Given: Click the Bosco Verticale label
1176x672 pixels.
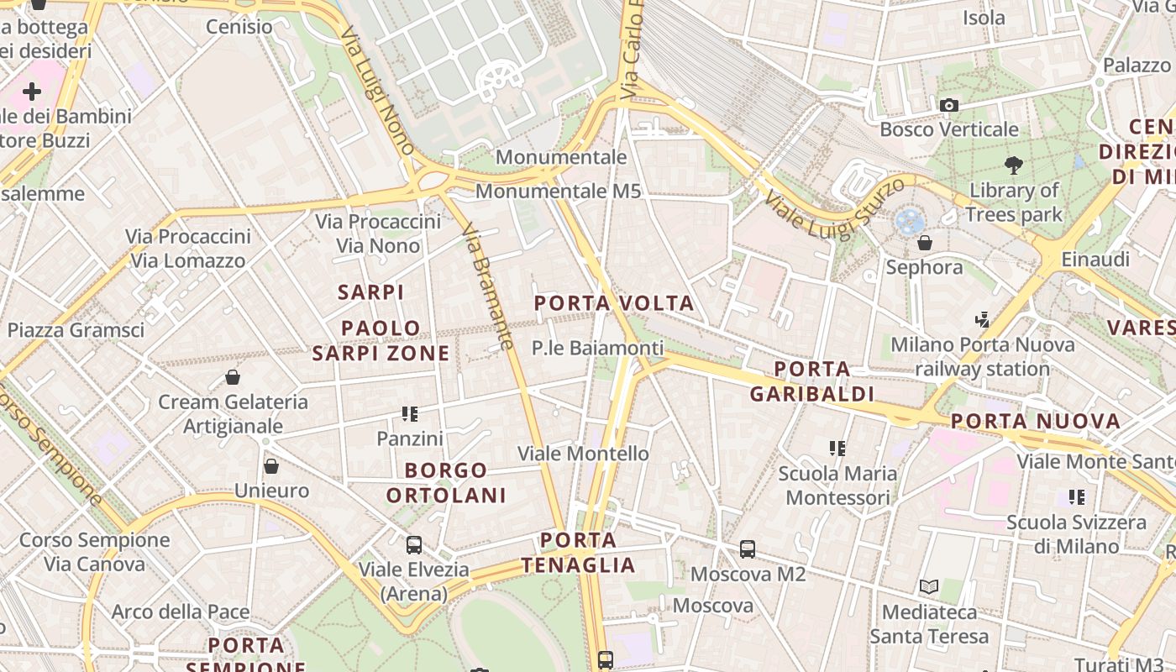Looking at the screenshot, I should pos(949,129).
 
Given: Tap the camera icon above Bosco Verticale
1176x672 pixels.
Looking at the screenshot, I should pos(949,105).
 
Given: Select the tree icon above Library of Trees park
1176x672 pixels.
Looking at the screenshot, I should pos(1013,165).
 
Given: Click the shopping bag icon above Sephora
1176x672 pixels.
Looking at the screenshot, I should pos(925,243).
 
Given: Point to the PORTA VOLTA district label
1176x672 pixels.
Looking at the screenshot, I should pos(614,302).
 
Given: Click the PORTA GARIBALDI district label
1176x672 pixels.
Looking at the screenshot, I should pos(812,381).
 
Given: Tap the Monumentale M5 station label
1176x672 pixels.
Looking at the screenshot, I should pos(558,192).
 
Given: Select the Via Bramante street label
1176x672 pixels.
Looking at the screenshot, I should pos(487,286).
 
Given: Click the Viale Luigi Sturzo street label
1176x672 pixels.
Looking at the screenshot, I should pos(835,207).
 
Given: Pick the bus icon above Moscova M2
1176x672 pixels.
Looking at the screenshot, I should pos(748,549).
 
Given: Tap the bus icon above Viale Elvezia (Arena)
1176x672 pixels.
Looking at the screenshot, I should pos(414,544).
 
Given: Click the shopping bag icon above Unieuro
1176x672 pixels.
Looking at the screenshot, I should pos(271,465).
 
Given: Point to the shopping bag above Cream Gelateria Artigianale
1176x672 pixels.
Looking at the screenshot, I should pos(233,377).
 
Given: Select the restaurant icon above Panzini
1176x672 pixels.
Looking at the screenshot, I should pos(410,413).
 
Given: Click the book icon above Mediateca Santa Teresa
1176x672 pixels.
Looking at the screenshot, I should pos(929,586).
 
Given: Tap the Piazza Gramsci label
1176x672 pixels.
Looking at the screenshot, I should pos(76,329).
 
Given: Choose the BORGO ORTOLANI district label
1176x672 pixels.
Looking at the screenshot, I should pos(446,482).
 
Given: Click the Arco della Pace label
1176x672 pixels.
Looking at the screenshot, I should pos(181,612).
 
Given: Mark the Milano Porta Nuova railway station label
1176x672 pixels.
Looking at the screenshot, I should pos(983,356).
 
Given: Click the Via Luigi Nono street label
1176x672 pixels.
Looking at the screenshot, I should pos(378,91).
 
